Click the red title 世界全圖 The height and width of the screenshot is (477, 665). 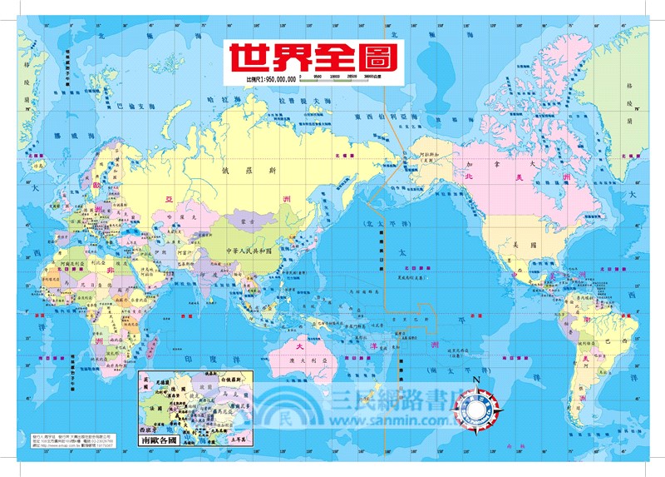click(314, 57)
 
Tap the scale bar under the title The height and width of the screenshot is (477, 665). click(332, 80)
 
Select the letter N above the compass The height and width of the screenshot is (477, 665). click(475, 381)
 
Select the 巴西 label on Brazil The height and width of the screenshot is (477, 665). click(615, 341)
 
